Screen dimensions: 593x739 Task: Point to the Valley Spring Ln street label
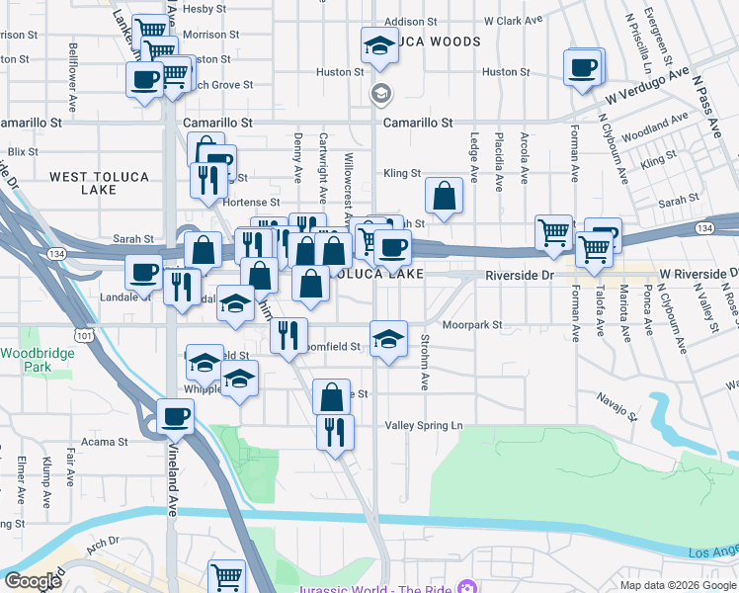423,425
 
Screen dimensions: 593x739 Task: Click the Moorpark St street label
472,324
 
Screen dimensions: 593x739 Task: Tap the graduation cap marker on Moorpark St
389,339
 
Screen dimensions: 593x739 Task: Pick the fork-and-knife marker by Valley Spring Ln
335,431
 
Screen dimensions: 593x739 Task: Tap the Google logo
34,581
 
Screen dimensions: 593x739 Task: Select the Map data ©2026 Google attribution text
677,585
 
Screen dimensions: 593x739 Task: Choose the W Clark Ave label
514,21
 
